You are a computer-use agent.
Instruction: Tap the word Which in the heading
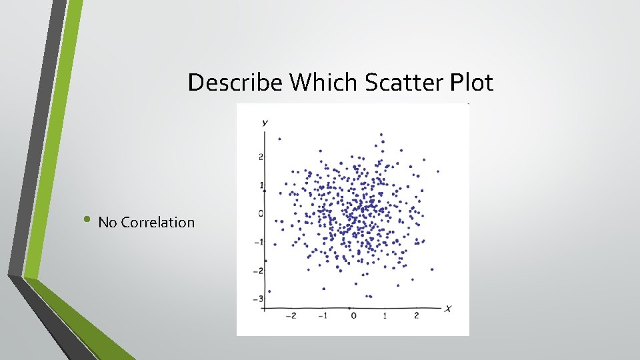point(325,83)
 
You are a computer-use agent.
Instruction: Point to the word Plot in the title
point(471,83)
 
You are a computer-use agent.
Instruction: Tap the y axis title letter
point(265,123)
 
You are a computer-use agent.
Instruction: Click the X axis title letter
point(449,307)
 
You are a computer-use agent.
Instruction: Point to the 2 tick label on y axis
point(262,157)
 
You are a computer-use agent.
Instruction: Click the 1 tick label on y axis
point(262,185)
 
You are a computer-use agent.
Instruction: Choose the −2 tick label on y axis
point(259,270)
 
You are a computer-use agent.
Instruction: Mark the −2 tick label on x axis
point(291,315)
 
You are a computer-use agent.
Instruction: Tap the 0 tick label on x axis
point(353,315)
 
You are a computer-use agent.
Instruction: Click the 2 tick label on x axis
point(416,315)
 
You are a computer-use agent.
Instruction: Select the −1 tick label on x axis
point(322,315)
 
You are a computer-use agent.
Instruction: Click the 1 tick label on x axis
point(385,315)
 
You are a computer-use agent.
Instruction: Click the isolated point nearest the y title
point(279,139)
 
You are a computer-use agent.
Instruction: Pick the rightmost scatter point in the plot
point(437,171)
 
